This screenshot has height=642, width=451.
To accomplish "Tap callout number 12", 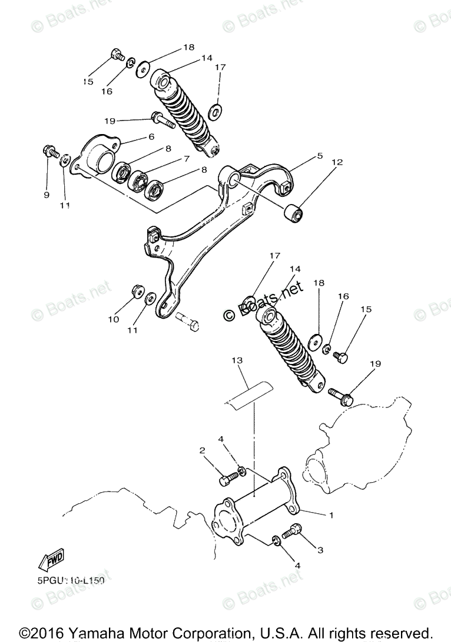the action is click(337, 162).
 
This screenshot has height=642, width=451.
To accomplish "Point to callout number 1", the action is click(331, 516).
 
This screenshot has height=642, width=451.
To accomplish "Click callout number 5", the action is click(320, 156).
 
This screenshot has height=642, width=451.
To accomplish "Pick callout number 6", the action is click(151, 136).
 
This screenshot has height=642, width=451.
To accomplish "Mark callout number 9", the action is click(47, 195).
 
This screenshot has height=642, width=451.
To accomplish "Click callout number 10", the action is click(113, 319).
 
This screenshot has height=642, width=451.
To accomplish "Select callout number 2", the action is click(202, 450).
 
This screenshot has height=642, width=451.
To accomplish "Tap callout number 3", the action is click(320, 550).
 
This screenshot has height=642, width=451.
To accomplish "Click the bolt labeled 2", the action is click(226, 479).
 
